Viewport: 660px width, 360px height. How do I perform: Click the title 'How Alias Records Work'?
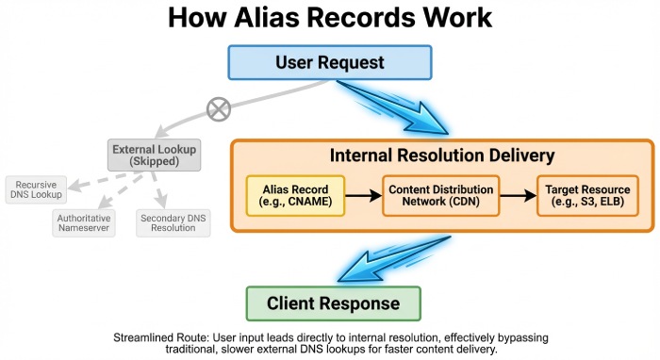click(329, 19)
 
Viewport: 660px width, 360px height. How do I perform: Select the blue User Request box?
click(329, 63)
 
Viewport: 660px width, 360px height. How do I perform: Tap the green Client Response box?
click(332, 303)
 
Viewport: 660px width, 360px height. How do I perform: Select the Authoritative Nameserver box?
click(84, 222)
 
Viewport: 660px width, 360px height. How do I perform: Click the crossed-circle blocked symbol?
click(218, 110)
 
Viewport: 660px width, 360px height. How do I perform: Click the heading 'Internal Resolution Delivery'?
click(441, 155)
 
